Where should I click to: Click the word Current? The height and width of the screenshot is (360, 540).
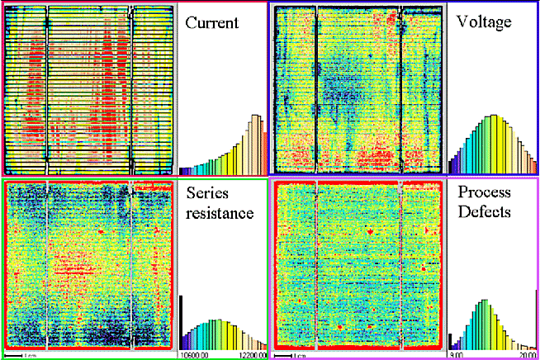tap(211, 23)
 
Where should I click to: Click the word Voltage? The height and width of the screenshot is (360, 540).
tap(484, 23)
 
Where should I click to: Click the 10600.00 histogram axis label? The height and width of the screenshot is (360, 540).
tap(195, 355)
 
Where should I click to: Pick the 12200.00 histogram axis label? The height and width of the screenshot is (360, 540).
tap(251, 355)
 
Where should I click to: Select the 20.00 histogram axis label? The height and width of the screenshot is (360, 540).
tap(525, 355)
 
